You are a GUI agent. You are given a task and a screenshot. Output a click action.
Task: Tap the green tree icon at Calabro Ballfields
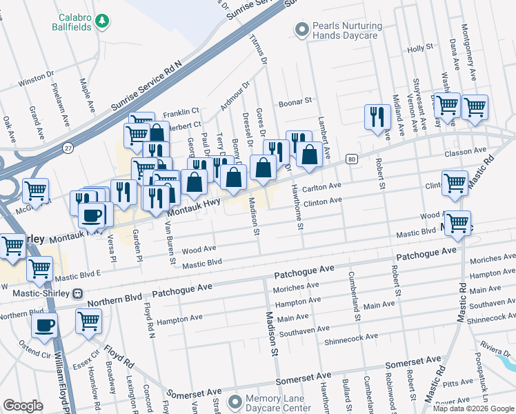pos(102,21)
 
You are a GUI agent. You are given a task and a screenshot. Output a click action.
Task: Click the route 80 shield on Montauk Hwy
pos(351,159)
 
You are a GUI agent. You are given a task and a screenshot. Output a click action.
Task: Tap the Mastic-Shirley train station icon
pos(78,293)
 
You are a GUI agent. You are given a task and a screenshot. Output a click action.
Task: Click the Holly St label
pos(419,48)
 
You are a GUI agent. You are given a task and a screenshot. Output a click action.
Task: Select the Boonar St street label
pos(295,102)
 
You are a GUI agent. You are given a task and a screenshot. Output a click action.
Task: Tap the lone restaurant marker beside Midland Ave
pos(377,117)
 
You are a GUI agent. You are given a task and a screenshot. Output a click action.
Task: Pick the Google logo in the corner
pos(23,406)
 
